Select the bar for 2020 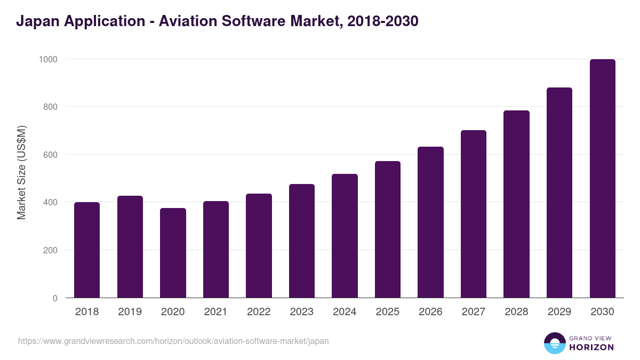click(x=173, y=253)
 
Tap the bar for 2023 click(x=302, y=241)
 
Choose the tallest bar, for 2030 click(x=602, y=178)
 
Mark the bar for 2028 click(x=516, y=204)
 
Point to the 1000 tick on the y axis click(x=48, y=59)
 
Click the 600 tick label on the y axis click(x=50, y=155)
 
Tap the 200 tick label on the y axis click(x=50, y=250)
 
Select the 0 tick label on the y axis click(x=55, y=298)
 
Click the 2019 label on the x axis click(x=130, y=312)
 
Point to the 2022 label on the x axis click(x=259, y=312)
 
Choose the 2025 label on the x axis click(x=387, y=312)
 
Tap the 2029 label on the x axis click(x=559, y=312)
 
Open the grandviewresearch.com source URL click(x=173, y=341)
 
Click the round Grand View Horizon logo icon click(x=554, y=343)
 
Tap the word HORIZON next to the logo click(x=591, y=347)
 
